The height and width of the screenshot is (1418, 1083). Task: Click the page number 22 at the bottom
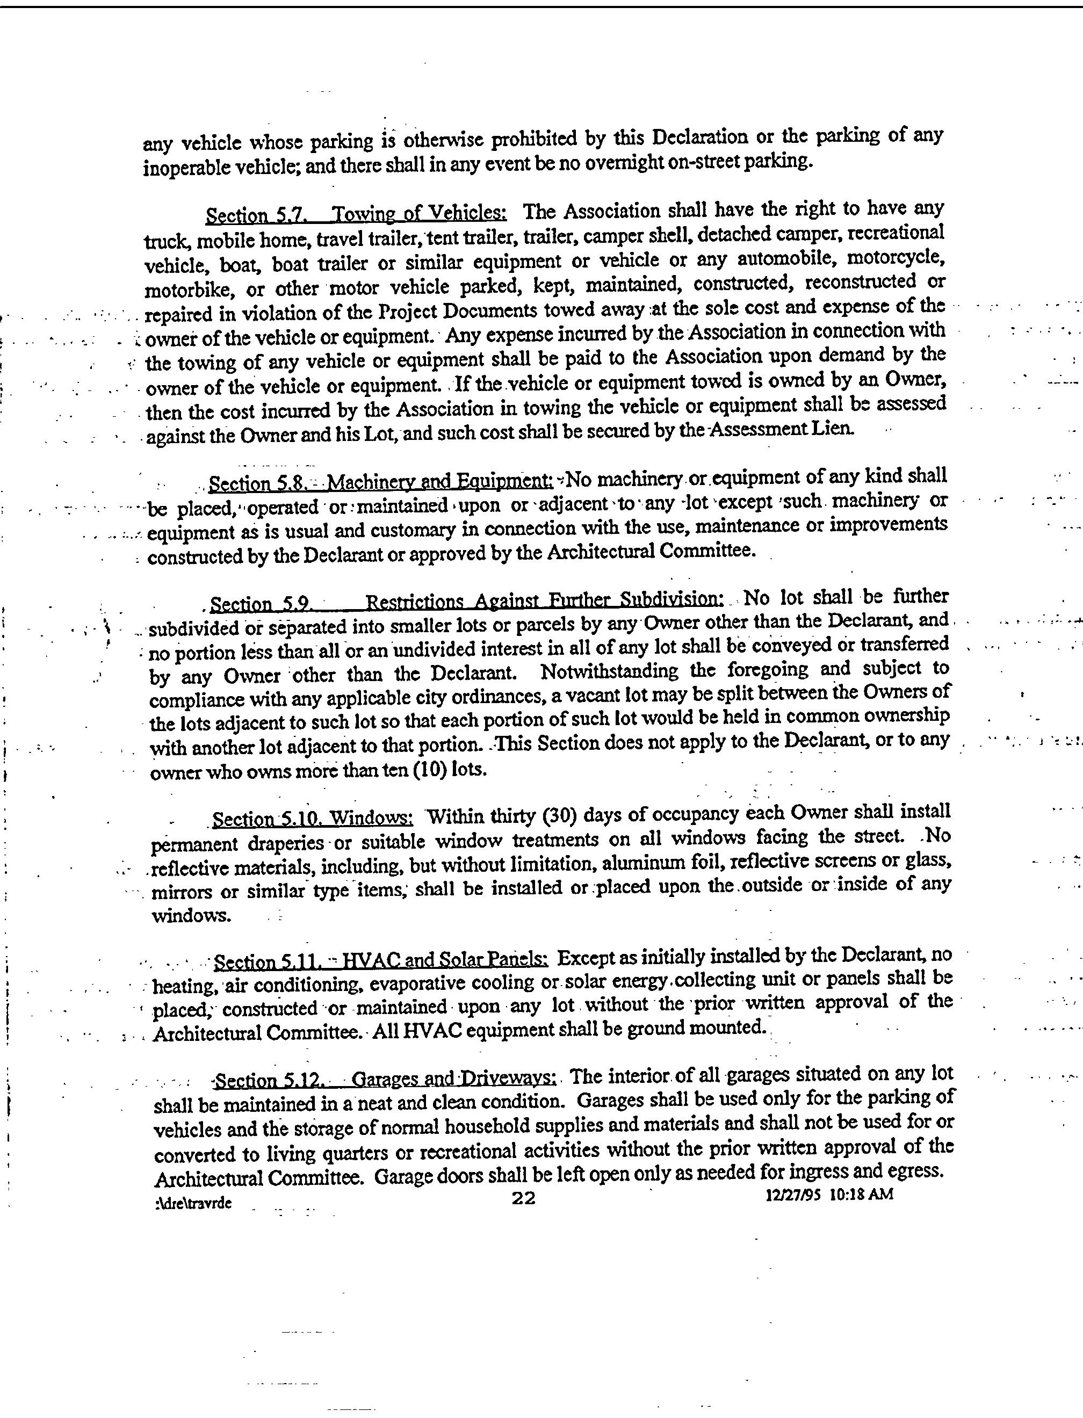(x=523, y=1198)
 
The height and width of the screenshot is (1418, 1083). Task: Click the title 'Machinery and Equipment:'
(x=439, y=481)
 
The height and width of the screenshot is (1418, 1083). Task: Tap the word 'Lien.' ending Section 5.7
(x=835, y=428)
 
